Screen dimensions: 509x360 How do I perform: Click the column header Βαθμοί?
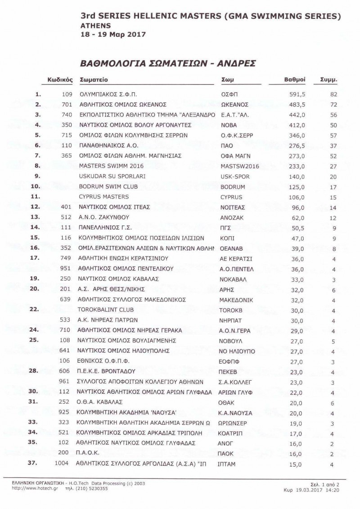(x=295, y=80)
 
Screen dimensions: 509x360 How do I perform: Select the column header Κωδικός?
(x=60, y=80)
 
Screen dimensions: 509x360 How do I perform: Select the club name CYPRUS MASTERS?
(x=103, y=197)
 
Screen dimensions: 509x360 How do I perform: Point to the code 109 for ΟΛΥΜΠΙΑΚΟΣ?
(x=67, y=95)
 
